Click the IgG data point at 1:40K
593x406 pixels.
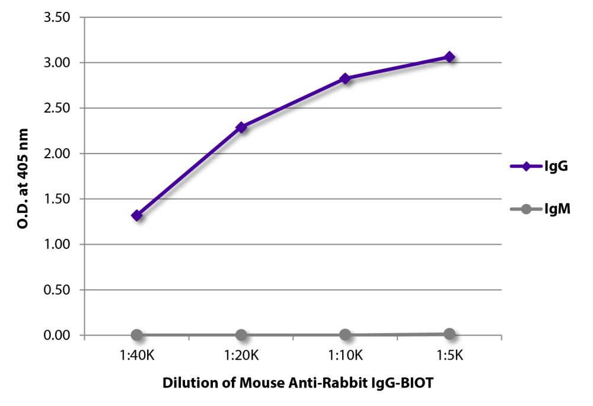click(137, 215)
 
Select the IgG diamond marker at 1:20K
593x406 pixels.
click(241, 127)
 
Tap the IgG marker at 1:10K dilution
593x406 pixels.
click(345, 78)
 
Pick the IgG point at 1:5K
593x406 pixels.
click(449, 57)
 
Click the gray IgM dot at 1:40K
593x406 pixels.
click(137, 335)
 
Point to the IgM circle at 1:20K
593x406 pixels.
click(241, 335)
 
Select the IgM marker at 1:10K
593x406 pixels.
click(345, 335)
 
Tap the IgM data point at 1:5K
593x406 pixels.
click(449, 334)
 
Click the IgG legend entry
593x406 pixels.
click(539, 167)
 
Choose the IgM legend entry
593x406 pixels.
click(539, 209)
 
